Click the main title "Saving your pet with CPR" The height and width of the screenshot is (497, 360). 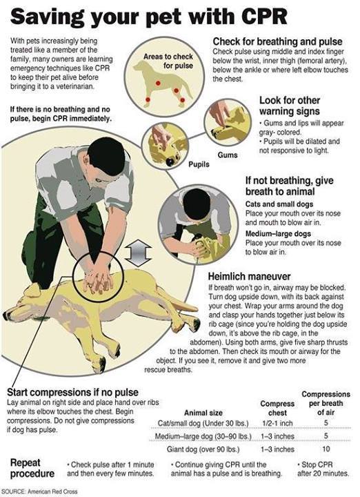148,16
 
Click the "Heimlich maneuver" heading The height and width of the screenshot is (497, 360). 248,275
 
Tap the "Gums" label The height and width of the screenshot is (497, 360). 228,155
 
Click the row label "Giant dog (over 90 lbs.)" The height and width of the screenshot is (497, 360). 199,449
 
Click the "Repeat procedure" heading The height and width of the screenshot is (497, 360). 32,468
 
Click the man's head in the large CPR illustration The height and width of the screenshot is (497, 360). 107,156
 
